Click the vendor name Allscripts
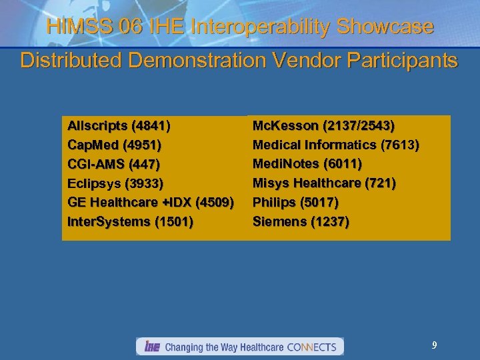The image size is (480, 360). coord(98,125)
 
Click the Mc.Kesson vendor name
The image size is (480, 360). coord(285,125)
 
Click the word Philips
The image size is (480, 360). coord(273,202)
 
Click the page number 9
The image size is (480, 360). coord(435,345)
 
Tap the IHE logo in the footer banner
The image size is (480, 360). coord(151,347)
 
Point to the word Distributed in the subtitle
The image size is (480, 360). coord(69,61)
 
